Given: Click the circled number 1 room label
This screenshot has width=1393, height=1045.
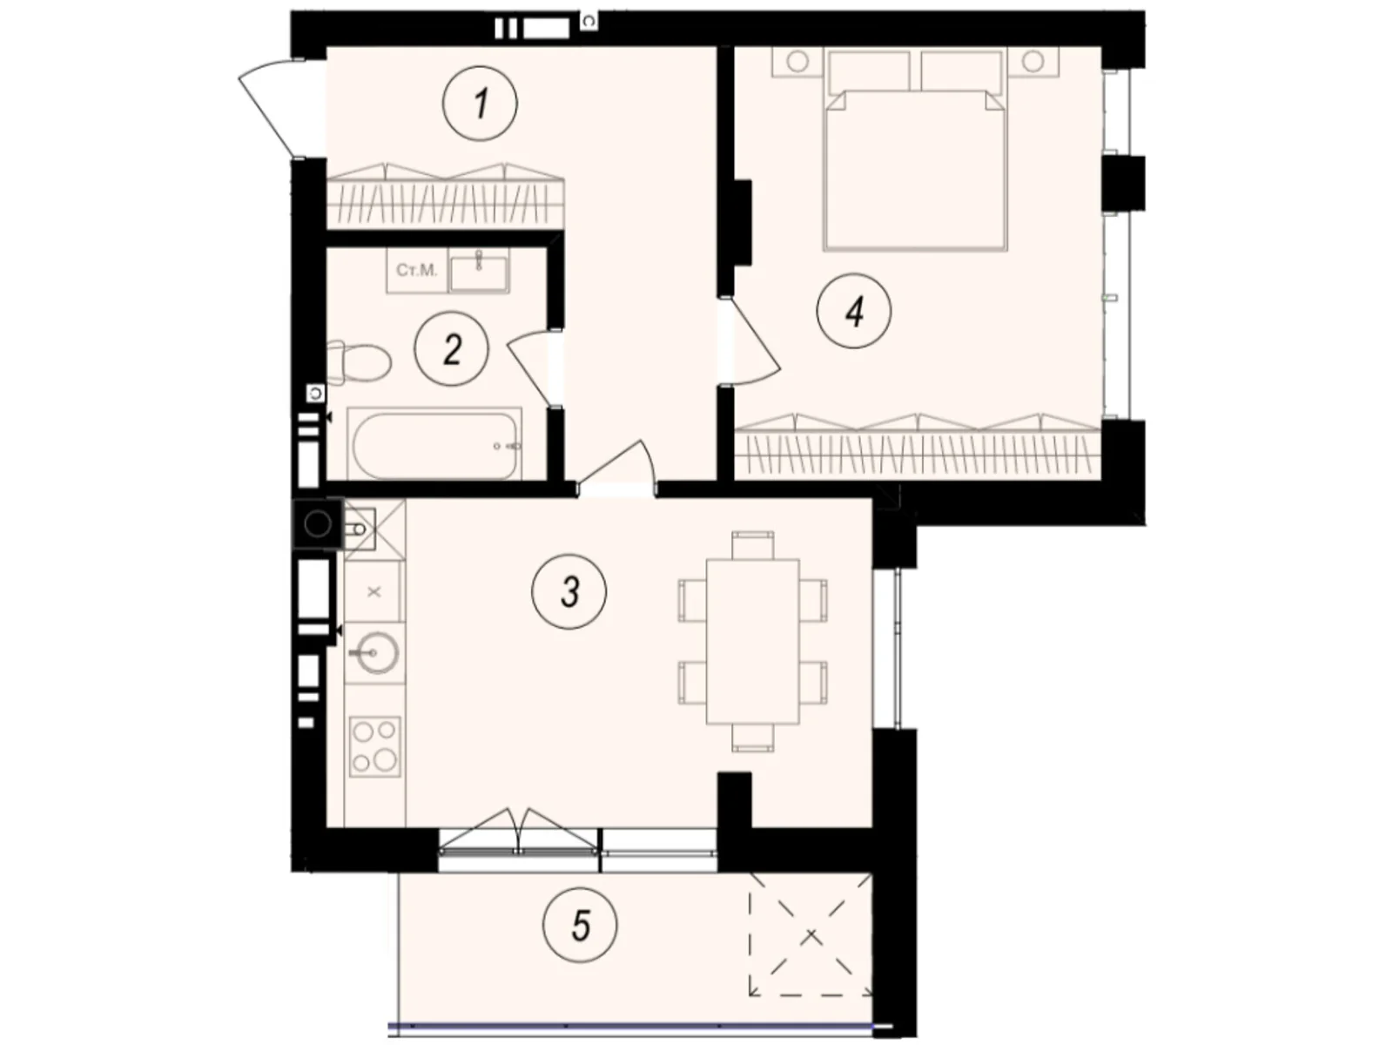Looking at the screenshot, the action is click(480, 104).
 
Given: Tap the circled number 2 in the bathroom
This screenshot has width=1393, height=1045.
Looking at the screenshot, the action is click(451, 348).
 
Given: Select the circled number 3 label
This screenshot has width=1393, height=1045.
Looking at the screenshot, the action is click(569, 592).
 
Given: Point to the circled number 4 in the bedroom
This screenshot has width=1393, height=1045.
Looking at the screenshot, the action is click(853, 311).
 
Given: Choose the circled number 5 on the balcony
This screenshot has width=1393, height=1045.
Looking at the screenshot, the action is click(580, 926).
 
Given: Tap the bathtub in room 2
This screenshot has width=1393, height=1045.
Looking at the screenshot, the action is click(434, 444).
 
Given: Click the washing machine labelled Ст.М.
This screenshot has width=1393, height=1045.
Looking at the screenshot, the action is click(417, 270).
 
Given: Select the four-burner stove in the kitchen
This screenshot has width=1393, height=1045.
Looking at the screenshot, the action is click(374, 747).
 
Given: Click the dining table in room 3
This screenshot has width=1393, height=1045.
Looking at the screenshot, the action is click(752, 641).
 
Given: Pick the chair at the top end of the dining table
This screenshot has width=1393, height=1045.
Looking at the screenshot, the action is click(753, 544).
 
